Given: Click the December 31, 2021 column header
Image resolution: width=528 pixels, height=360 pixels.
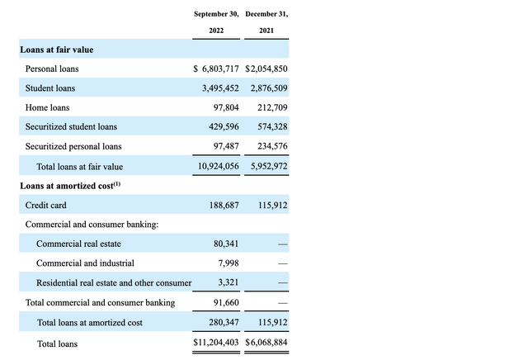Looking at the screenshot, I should pos(266,23).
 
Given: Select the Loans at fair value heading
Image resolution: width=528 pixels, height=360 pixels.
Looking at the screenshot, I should pos(57,50).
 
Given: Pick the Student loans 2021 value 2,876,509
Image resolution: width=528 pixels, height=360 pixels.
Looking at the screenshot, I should pos(267,88).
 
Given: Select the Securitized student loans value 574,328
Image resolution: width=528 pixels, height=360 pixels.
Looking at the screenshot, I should pos(271,127).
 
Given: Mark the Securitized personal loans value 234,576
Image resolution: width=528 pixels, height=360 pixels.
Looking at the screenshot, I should pos(271,146).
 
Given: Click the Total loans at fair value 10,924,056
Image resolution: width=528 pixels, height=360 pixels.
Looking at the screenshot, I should pos(216,166).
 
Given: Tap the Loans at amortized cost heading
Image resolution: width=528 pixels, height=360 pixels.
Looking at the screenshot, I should pos(67,186).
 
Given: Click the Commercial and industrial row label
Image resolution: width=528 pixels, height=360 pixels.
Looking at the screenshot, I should pos(86,263).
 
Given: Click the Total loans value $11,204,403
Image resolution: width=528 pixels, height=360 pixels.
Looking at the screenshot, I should pos(216,343).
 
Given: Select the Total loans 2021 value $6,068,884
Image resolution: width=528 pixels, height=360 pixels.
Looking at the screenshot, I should pos(266,343).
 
